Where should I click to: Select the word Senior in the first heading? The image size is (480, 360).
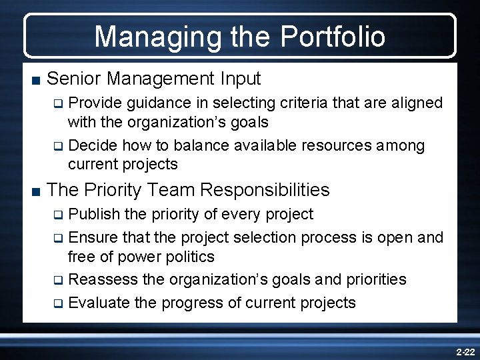tap(74, 79)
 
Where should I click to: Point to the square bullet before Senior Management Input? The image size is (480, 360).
tap(35, 80)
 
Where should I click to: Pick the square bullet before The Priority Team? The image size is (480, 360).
tap(35, 191)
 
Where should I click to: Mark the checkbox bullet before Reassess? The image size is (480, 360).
tap(58, 280)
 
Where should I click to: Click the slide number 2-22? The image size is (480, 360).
tap(464, 350)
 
